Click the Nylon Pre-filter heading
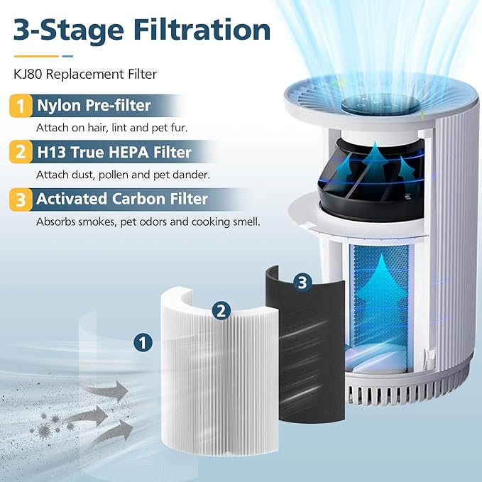[x=94, y=106]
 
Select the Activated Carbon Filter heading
[x=122, y=199]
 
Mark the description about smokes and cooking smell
[x=148, y=221]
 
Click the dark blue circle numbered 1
[x=143, y=343]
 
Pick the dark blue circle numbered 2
[x=221, y=310]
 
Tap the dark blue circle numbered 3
[x=303, y=282]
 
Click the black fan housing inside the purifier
[x=376, y=177]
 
